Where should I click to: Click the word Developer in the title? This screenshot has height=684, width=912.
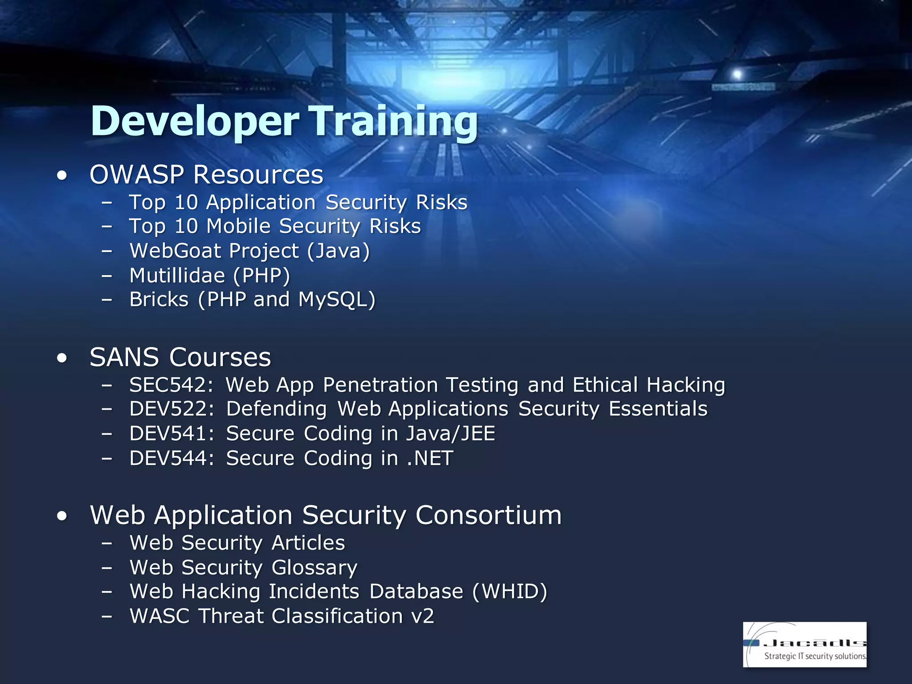tap(195, 121)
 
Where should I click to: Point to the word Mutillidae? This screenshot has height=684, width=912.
tap(177, 276)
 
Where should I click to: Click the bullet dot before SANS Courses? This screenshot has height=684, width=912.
tap(62, 358)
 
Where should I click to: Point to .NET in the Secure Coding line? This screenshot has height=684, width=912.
tap(430, 458)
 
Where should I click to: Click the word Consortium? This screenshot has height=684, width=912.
tap(489, 516)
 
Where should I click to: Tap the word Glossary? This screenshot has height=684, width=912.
tap(314, 568)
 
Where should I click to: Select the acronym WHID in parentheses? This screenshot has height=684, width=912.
tap(509, 592)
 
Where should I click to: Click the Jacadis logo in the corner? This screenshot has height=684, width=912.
tap(804, 644)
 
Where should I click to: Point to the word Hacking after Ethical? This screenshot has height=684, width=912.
tap(686, 385)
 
